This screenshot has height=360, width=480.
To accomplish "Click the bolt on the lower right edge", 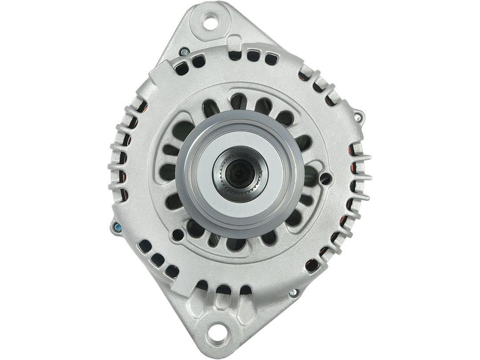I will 293,292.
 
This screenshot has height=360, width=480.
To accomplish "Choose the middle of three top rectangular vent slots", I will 253,56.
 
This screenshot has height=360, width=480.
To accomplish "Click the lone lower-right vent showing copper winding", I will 312,265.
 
